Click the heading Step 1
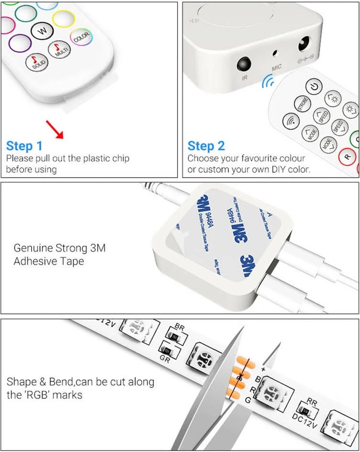pos(24,146)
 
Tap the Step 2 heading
pos(206,146)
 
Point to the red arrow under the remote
pos(55,130)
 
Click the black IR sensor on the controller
pos(244,64)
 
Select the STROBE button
pos(303,104)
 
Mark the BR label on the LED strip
pos(180,327)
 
